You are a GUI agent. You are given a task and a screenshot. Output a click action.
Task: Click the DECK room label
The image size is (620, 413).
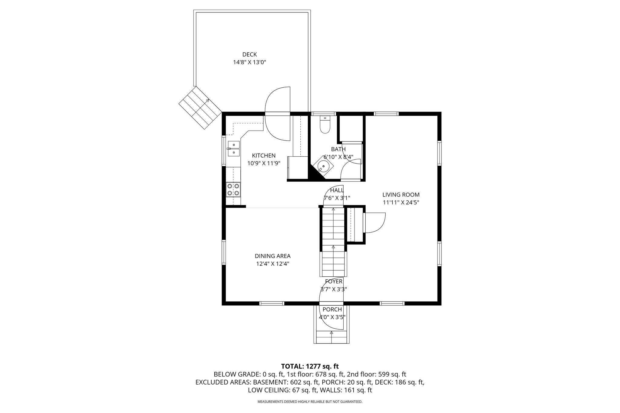(249, 54)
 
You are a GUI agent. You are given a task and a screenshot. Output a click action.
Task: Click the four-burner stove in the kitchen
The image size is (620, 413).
(233, 190)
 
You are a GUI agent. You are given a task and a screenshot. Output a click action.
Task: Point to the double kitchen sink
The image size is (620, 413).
(233, 148)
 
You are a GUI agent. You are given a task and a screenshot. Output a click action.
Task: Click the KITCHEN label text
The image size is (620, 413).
(264, 156)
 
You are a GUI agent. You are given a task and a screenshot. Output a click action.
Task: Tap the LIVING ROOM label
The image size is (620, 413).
(401, 195)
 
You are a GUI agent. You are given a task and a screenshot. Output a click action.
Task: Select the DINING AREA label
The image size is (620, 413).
(272, 256)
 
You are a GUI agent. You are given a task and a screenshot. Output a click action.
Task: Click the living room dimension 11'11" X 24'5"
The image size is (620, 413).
(401, 203)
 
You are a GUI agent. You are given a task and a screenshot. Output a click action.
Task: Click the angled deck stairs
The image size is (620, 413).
(200, 108)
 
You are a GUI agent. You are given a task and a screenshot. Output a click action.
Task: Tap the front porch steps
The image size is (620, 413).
(331, 337)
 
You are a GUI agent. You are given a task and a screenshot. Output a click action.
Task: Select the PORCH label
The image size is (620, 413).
(332, 309)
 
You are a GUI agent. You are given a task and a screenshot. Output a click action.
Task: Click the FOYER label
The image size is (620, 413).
(334, 281)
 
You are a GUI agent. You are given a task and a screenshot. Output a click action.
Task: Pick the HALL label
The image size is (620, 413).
(337, 190)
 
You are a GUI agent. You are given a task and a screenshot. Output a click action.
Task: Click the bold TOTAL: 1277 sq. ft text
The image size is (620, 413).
(310, 366)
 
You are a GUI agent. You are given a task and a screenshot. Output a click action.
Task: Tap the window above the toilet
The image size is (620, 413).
(324, 114)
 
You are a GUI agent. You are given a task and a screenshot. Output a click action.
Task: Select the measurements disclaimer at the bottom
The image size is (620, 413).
(310, 402)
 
